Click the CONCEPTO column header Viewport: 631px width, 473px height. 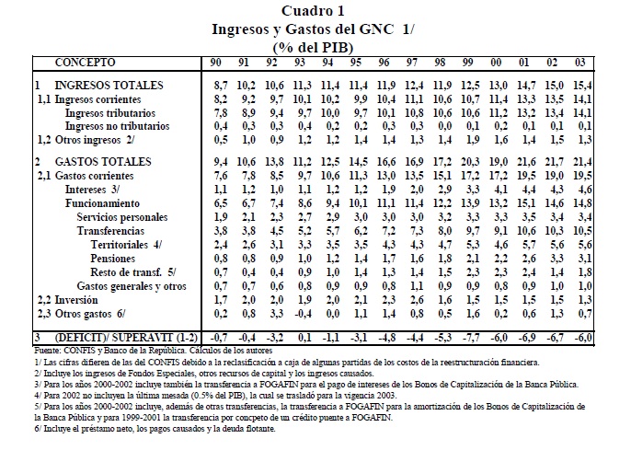click(x=85, y=63)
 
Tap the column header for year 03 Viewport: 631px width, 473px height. click(x=579, y=63)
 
